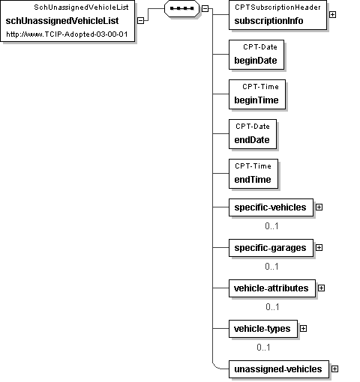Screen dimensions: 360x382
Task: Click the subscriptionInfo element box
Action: click(277, 15)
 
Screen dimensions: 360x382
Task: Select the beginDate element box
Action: click(256, 55)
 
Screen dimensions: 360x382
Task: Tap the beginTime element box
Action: click(257, 94)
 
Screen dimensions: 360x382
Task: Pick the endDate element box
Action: click(253, 134)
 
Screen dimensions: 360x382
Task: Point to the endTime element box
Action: click(253, 174)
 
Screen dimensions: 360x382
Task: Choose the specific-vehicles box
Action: click(271, 207)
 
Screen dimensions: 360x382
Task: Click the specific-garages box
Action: click(271, 248)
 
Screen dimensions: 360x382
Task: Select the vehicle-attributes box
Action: click(272, 288)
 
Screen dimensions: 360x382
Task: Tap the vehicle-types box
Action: click(263, 329)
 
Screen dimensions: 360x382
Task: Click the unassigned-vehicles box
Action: click(279, 369)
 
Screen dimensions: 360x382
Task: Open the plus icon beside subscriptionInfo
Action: click(332, 15)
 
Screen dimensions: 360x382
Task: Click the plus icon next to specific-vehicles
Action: click(319, 207)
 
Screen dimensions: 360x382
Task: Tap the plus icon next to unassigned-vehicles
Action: click(335, 369)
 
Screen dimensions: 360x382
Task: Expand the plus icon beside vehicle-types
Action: click(303, 329)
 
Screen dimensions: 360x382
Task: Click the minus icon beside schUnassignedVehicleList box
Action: click(141, 21)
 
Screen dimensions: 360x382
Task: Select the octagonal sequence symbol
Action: click(181, 8)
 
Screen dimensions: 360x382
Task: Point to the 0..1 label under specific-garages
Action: click(271, 267)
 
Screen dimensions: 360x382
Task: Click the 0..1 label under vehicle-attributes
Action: click(272, 307)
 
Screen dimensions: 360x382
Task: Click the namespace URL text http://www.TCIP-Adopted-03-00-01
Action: click(67, 34)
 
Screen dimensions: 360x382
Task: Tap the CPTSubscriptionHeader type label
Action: click(277, 7)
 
